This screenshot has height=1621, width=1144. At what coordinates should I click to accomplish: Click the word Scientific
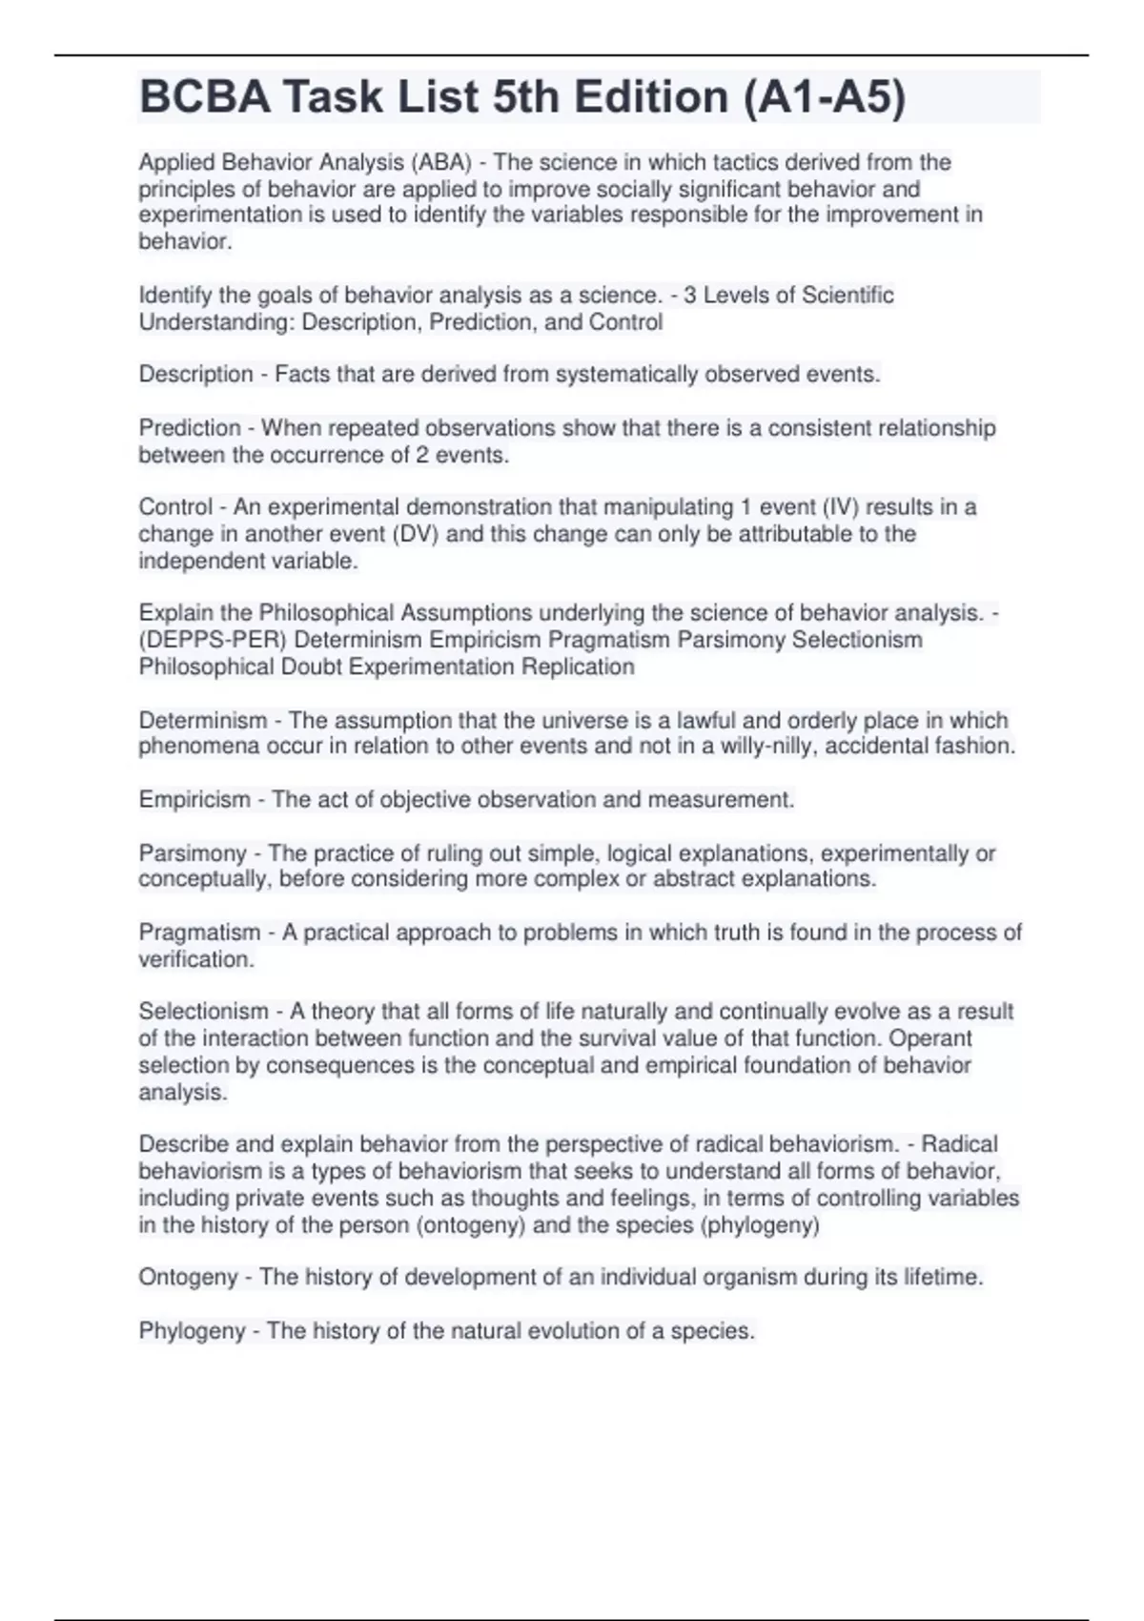coord(848,295)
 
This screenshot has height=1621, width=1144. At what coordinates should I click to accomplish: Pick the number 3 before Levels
coord(690,295)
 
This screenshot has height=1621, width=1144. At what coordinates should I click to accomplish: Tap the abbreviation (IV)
coord(840,506)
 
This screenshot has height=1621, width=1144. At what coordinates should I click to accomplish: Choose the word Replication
coord(578,666)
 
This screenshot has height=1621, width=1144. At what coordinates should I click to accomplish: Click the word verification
coord(195,959)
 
